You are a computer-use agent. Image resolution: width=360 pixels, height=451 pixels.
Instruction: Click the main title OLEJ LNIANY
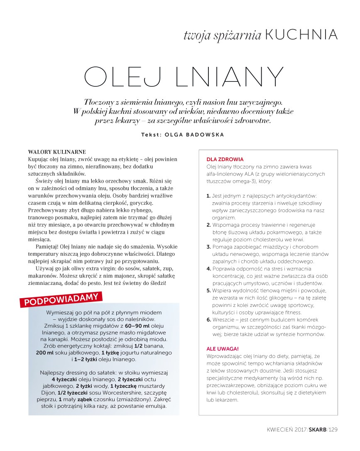click(184, 78)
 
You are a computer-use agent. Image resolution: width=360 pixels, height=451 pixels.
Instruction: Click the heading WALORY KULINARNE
click(57, 152)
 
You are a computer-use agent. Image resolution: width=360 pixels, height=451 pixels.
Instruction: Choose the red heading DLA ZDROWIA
click(225, 159)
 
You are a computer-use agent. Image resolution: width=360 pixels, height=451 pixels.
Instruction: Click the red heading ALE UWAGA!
click(223, 349)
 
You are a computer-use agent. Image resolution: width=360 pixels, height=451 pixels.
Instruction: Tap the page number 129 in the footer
click(333, 429)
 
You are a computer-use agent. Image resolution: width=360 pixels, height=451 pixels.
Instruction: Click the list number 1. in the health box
click(208, 195)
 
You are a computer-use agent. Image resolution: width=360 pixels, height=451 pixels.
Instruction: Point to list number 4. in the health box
click(209, 269)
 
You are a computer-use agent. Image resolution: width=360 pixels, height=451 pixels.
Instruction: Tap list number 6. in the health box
click(209, 320)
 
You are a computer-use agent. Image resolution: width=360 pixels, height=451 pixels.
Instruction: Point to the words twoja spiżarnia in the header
click(222, 36)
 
